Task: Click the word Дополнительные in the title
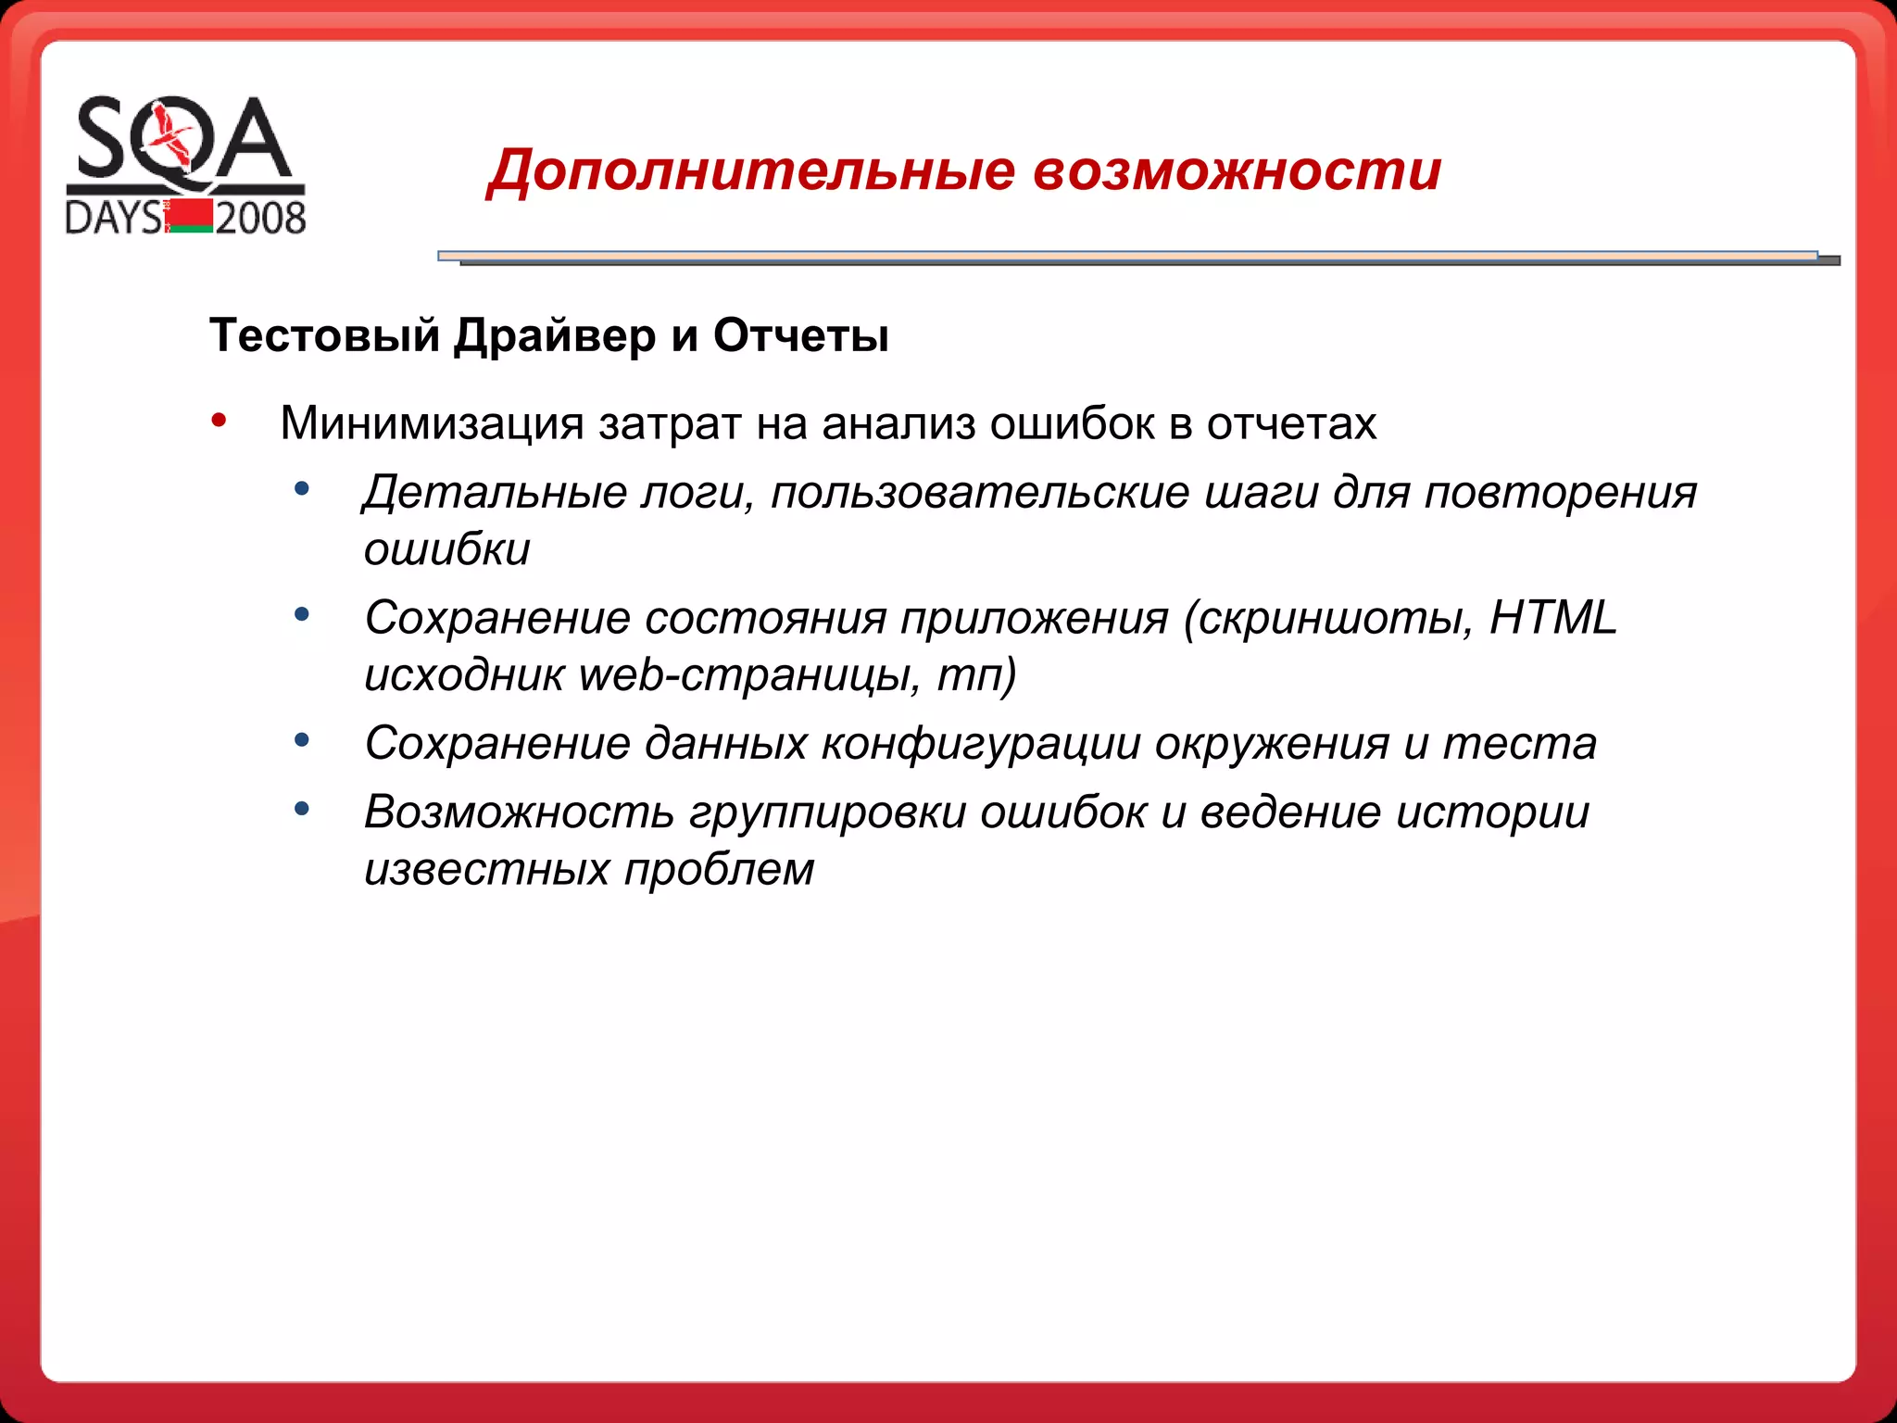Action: tap(751, 172)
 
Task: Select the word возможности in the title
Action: tap(1237, 172)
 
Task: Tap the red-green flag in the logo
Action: tap(190, 217)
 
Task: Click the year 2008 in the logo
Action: tap(260, 219)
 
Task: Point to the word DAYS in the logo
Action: tap(113, 219)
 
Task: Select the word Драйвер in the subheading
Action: tap(555, 336)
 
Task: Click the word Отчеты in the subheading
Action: tap(801, 336)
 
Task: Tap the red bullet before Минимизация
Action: tap(219, 422)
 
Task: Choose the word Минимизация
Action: tap(432, 424)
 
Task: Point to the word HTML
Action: tap(1552, 618)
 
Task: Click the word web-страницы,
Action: tap(749, 675)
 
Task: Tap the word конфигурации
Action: tap(981, 744)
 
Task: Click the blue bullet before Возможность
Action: tap(301, 810)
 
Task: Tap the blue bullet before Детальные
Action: tap(301, 489)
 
